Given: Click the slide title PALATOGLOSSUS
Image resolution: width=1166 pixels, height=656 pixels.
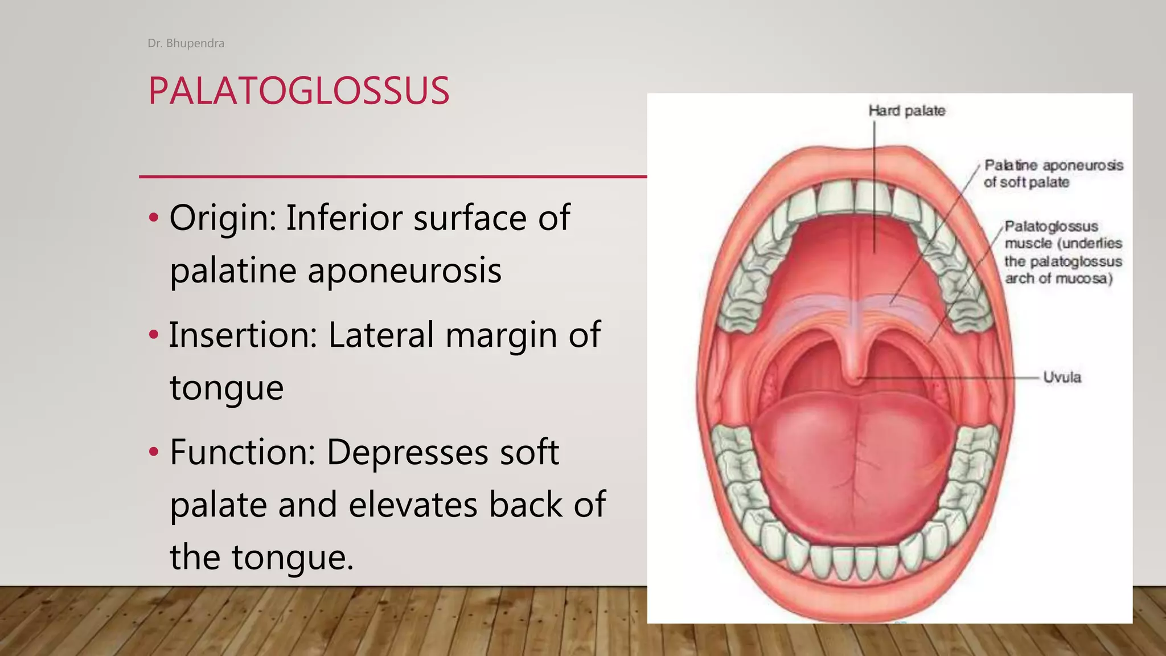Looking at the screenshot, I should (x=298, y=91).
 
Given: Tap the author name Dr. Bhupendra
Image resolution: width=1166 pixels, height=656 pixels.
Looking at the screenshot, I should (x=186, y=43).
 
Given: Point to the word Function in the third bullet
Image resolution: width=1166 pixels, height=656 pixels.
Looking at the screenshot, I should (x=243, y=452).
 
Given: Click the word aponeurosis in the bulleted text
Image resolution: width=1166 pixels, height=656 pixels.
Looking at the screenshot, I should (x=404, y=271).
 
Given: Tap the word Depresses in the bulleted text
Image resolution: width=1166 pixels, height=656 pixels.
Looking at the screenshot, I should (x=407, y=452).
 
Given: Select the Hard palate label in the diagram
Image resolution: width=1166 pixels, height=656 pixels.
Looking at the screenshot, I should (x=906, y=110).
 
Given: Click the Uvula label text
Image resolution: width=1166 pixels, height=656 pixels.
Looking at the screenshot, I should (x=1062, y=377).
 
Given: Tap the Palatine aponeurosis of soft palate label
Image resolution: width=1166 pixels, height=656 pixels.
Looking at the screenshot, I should (x=1053, y=174).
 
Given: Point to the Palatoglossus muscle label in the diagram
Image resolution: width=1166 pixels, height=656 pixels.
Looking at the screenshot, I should (x=1062, y=252).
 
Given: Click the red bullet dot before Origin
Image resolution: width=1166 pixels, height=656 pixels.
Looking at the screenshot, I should (x=153, y=218).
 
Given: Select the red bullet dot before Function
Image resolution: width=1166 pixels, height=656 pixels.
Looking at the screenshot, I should (x=153, y=452).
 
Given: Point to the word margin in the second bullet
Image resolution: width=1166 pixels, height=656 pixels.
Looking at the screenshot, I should (x=500, y=335).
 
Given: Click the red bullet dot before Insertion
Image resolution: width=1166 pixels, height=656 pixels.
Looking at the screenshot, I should (x=153, y=335).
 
